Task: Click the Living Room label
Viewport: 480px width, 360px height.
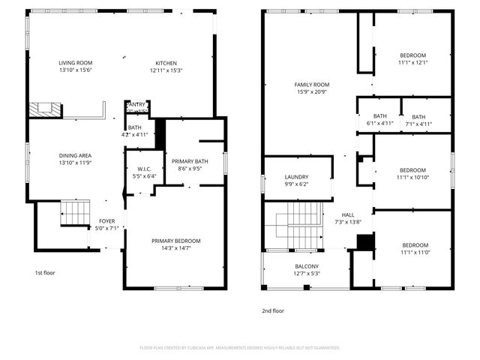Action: [x=75, y=63]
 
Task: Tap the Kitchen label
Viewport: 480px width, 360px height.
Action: [x=166, y=63]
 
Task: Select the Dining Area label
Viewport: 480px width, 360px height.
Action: [x=75, y=156]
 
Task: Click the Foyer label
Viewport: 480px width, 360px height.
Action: [x=107, y=221]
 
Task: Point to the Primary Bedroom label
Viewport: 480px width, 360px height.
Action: [x=176, y=241]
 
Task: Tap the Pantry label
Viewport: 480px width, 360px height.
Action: [x=136, y=105]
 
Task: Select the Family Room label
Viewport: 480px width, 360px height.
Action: [x=311, y=85]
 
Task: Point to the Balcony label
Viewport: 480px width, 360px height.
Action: [x=306, y=267]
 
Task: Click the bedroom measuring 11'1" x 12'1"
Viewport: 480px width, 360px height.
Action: [x=412, y=55]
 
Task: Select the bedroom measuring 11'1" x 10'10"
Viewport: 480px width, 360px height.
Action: [x=412, y=170]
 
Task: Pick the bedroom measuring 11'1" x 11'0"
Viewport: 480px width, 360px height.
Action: [x=415, y=245]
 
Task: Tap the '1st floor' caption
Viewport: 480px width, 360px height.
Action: [x=46, y=273]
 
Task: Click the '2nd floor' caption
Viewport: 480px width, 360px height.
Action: [x=273, y=310]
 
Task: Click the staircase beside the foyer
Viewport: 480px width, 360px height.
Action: [x=75, y=212]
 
